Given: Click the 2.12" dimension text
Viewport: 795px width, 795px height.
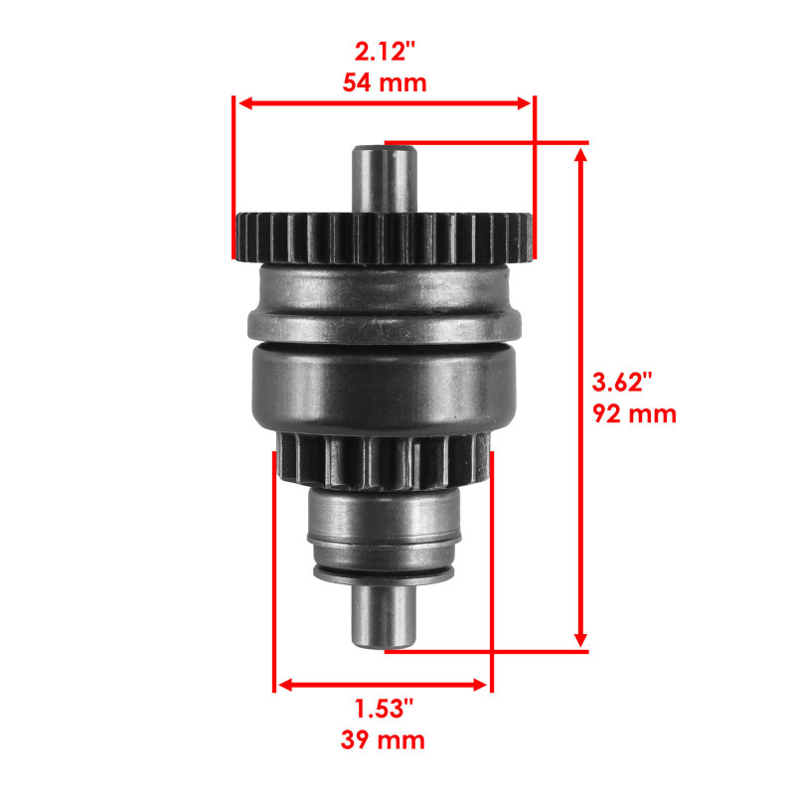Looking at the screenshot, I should pos(384,51).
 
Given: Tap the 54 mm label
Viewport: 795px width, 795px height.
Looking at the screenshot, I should pos(385,82).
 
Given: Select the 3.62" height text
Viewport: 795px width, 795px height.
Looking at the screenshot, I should pos(623,382).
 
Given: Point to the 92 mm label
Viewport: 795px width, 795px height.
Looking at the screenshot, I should pos(634,413).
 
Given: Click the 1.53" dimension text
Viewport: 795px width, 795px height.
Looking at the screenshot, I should pos(384,709).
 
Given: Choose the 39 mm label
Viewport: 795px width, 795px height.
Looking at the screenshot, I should pos(384,739).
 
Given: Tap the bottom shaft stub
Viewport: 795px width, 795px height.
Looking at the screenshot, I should pos(384,616).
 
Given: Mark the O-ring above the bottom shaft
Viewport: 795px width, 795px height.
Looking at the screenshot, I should pos(384,573).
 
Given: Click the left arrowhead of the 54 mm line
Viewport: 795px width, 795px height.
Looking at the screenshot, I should pos(241,102).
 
